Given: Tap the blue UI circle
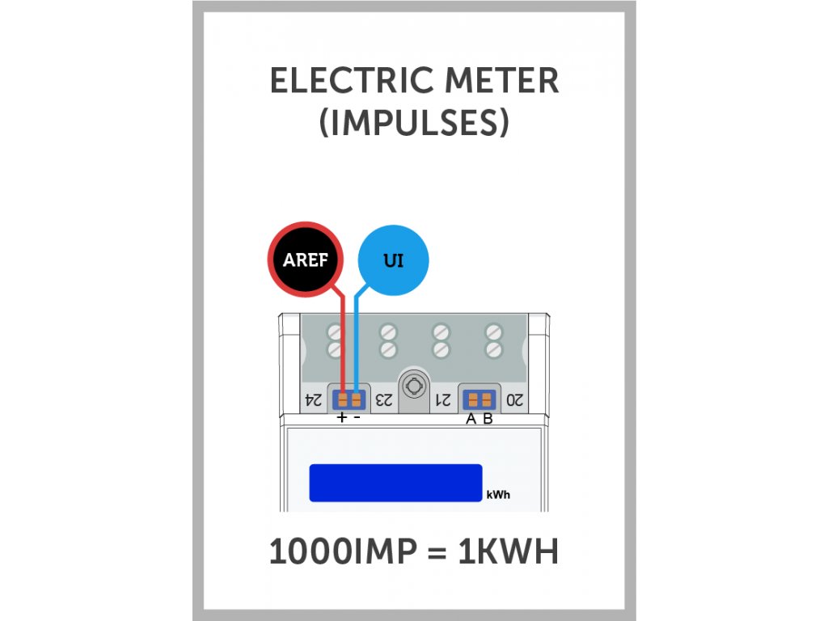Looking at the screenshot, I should point(392,260).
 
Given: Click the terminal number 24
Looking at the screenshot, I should point(313,399).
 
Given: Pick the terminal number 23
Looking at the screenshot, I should point(385,399).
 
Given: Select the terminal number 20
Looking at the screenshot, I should point(515,399).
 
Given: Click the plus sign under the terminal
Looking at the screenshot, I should point(342,418).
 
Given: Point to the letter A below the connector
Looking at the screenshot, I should point(471,419).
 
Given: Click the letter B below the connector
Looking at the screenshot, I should point(488,419).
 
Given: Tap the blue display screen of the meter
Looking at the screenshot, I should point(395,483).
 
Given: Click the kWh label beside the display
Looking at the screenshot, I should point(498,495).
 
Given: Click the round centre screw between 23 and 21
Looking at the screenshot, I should point(414,386).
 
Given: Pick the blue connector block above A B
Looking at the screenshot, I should point(479,399).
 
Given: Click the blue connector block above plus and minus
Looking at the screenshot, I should point(349,399).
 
